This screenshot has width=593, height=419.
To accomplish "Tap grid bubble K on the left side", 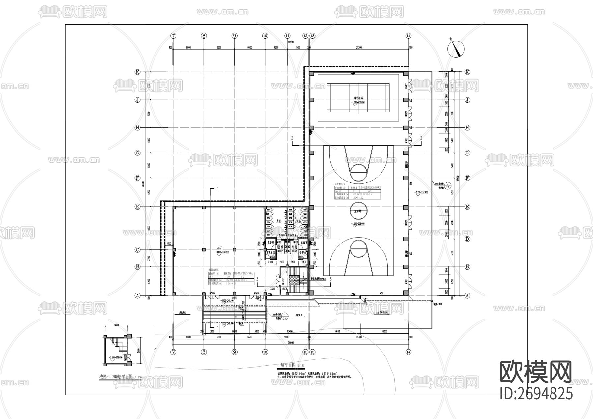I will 138,72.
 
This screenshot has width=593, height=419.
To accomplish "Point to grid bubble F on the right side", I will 467,178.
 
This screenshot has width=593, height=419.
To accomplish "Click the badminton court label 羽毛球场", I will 358,98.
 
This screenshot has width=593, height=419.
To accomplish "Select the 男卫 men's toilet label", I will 278,221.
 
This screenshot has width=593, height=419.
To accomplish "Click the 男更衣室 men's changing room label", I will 271,253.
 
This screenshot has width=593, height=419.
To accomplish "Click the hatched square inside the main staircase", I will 294,280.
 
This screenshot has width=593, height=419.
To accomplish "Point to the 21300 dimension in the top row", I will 359,48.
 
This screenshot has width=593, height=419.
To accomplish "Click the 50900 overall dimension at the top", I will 290,42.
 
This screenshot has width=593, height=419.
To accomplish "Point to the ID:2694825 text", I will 536,393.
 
